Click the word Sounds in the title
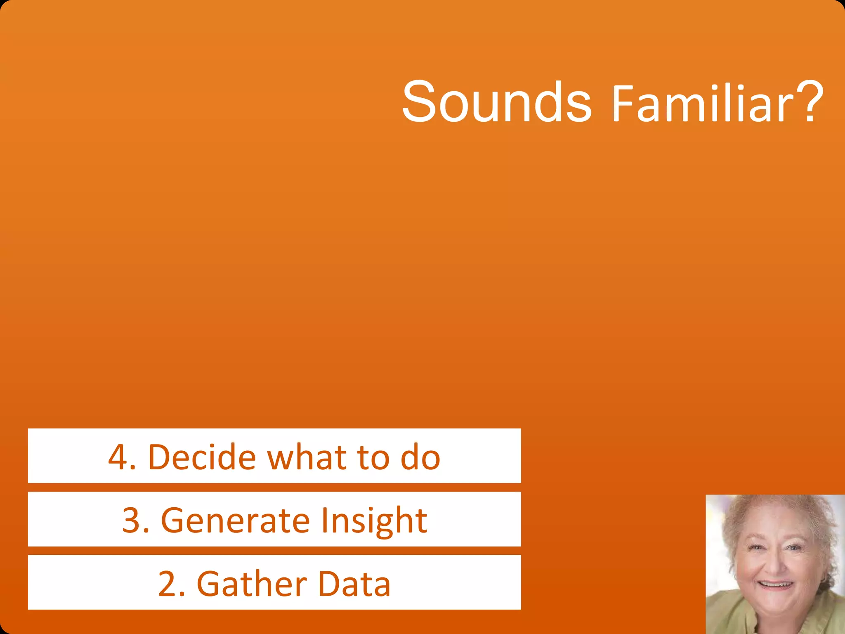coord(497,102)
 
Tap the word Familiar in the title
coord(703,104)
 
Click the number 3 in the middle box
coord(131,520)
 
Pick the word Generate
coord(235,520)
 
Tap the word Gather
coord(252,583)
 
